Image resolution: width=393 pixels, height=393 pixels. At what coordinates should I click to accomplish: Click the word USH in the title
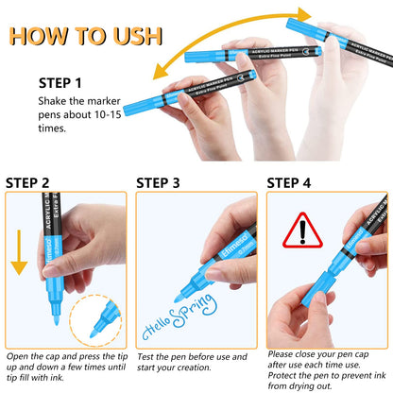[x=138, y=36]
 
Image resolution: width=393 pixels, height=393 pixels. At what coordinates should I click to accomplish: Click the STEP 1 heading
[x=60, y=83]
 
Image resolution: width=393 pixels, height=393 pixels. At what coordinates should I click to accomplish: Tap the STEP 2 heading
[x=27, y=183]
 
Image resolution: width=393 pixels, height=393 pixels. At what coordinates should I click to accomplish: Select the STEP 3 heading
[x=158, y=183]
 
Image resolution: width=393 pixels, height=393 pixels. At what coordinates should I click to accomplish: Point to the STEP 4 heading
[x=289, y=183]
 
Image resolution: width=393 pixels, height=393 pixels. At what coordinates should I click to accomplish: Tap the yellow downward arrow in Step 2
[x=19, y=252]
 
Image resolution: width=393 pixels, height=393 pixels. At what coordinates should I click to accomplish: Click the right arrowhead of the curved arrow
[x=304, y=14]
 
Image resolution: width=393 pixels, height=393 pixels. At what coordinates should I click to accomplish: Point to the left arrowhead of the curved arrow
[x=160, y=73]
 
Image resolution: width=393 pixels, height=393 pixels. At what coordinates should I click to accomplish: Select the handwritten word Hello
[x=156, y=329]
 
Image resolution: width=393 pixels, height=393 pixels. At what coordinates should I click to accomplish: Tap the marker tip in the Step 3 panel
[x=179, y=298]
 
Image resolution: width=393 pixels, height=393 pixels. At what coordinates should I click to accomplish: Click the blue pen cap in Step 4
[x=318, y=288]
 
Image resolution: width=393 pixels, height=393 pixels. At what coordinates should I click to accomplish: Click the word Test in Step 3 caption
[x=145, y=357]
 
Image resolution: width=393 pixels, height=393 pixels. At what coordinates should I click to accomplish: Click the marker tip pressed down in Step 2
[x=57, y=320]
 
